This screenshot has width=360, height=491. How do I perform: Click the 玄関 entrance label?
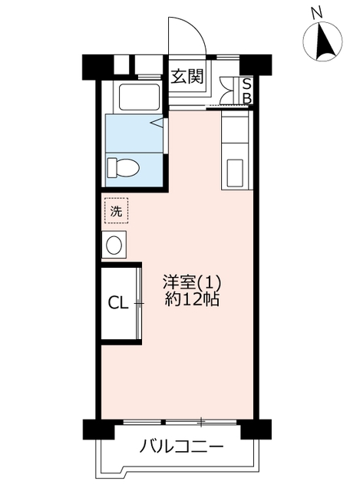point(187,76)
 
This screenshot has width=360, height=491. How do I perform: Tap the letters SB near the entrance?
point(247,91)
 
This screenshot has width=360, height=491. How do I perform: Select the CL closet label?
point(118,304)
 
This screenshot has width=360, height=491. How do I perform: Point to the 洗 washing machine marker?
point(116,210)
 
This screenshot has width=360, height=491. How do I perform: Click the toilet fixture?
point(123,168)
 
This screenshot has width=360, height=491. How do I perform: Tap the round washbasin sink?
point(114,245)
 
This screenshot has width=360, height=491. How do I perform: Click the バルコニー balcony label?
point(182,446)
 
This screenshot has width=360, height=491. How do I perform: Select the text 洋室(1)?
point(192,282)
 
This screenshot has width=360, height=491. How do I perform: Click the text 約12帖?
point(192,300)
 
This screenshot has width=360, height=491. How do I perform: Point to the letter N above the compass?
point(317,13)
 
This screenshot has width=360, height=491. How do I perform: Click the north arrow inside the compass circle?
point(323,41)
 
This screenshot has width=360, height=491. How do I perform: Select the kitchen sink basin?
point(235,173)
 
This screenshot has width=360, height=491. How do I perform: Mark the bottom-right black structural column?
point(256,430)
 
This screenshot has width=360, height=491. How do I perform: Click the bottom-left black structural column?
point(98,430)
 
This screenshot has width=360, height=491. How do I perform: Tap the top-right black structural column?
point(256,64)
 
